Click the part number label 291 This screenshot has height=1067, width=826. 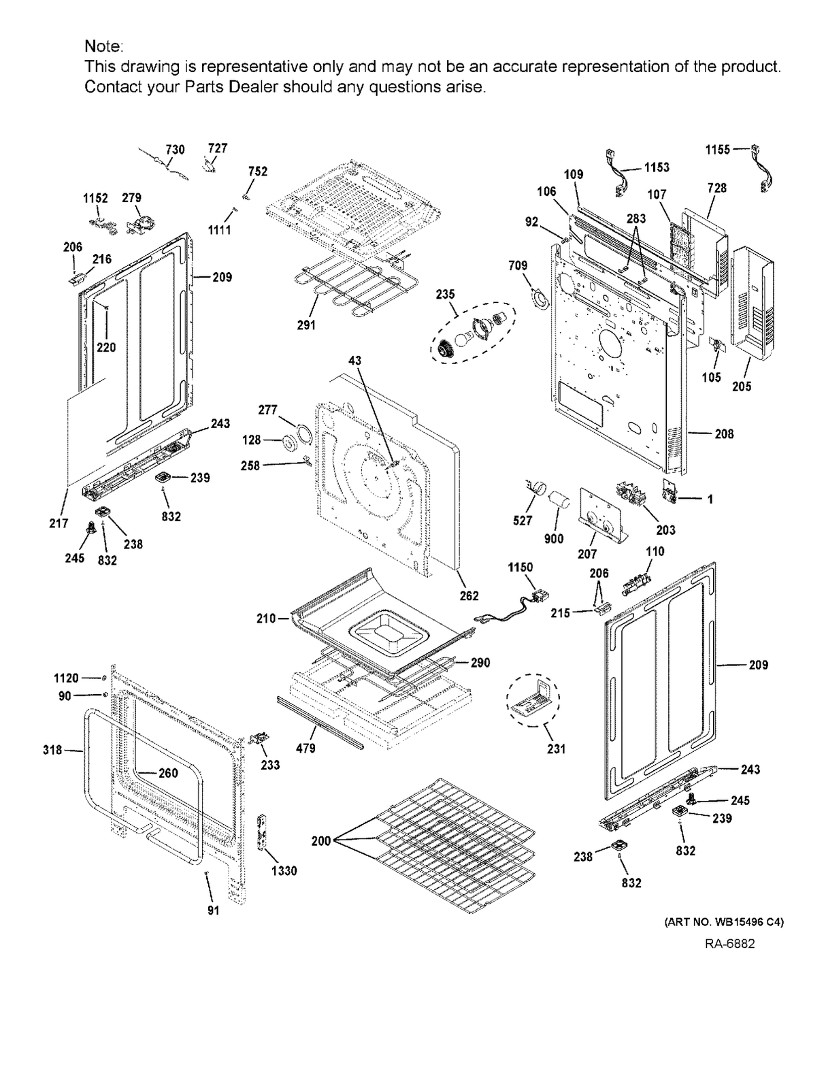306,325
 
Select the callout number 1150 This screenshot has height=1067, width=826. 520,568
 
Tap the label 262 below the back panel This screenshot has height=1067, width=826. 469,595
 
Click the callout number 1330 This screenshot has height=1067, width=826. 284,870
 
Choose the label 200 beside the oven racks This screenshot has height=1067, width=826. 320,840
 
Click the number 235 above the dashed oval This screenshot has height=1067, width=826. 446,294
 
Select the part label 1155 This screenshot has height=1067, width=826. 717,149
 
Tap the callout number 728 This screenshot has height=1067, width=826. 716,188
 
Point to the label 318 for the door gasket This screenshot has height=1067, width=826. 52,750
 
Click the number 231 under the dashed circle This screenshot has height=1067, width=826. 556,749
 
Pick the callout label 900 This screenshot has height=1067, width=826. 554,538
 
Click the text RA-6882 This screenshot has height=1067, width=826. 729,944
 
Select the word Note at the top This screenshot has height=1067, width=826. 103,46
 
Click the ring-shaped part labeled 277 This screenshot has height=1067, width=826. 301,433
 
